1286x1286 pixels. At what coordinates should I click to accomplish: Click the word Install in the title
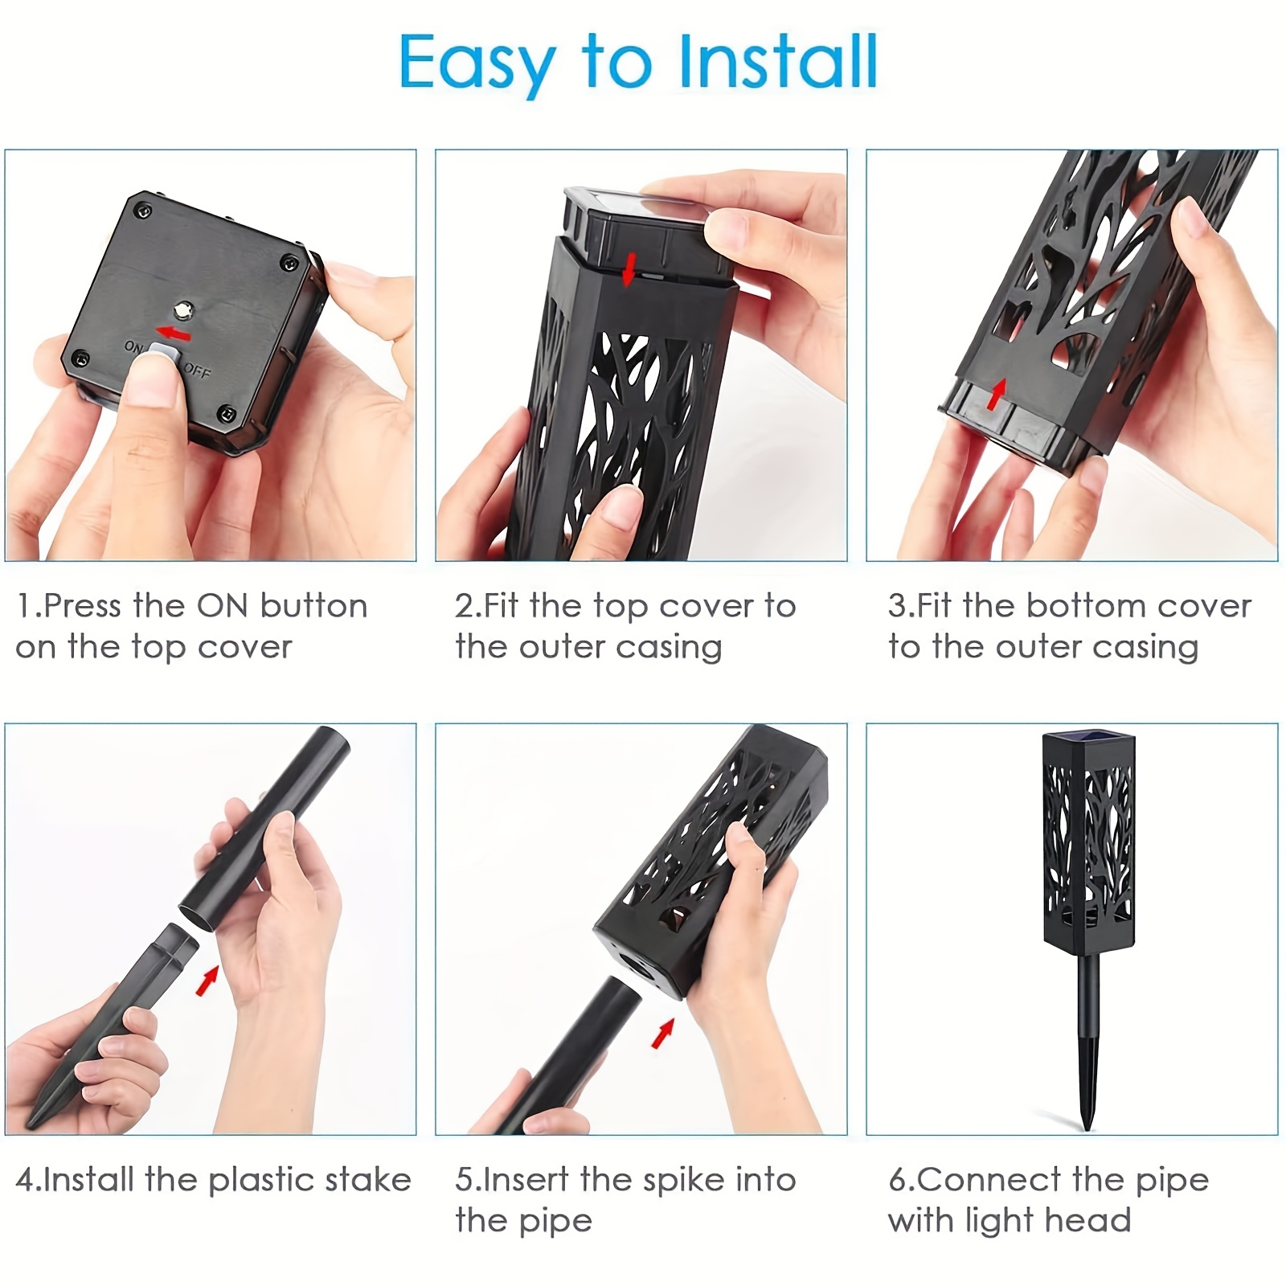click(778, 62)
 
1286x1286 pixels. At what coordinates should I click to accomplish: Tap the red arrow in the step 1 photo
click(174, 332)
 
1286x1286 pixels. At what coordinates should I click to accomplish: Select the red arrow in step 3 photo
click(997, 394)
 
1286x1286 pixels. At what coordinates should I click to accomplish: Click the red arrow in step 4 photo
click(207, 980)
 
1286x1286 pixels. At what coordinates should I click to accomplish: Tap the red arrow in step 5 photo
click(662, 1033)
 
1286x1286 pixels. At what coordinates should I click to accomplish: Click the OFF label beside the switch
click(196, 372)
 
